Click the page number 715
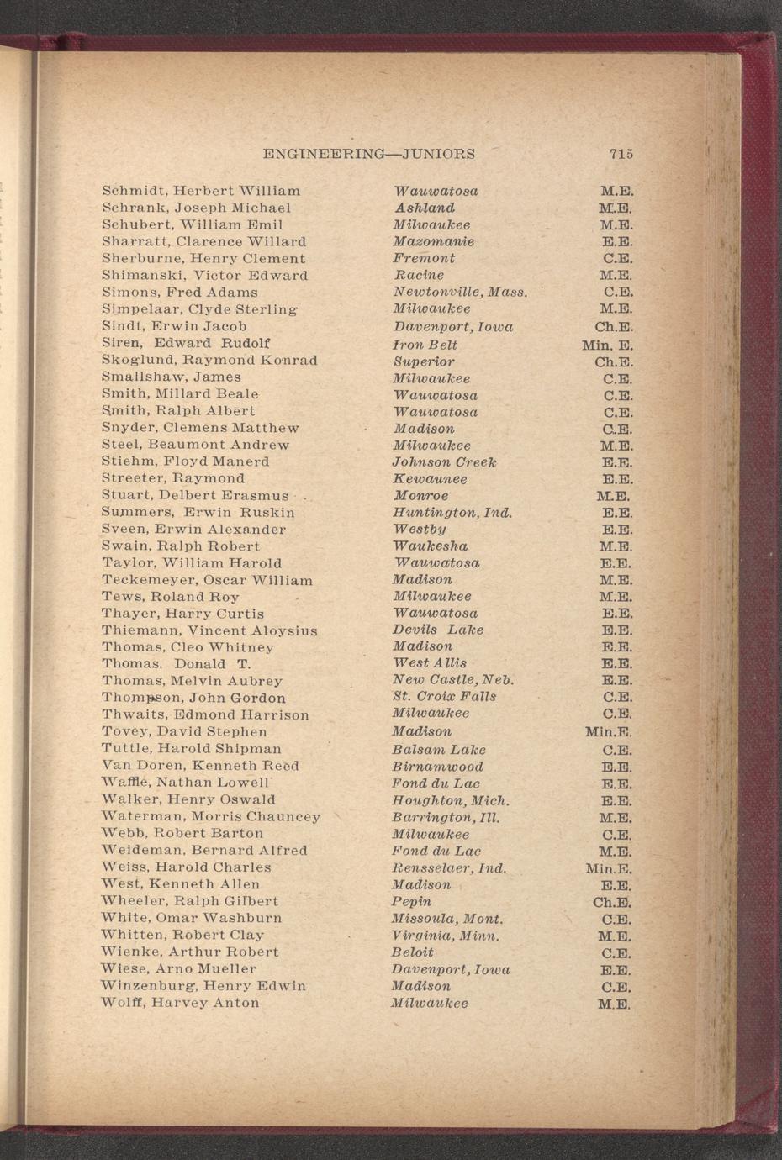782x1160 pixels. [621, 154]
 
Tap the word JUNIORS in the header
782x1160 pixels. [439, 155]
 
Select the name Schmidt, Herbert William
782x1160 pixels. [201, 191]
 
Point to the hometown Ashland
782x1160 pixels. [425, 208]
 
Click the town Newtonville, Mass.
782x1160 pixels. [460, 293]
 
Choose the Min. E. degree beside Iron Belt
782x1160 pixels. [607, 345]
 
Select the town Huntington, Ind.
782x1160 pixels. [452, 513]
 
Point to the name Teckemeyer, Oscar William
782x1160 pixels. [207, 580]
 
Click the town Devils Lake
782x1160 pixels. [438, 630]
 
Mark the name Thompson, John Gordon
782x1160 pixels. [193, 698]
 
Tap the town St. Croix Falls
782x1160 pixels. [445, 697]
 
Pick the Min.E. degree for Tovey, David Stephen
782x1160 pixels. [608, 732]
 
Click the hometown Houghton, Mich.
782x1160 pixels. [451, 800]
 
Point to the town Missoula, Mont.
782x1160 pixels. [447, 919]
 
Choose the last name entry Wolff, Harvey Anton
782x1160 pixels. [180, 1003]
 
